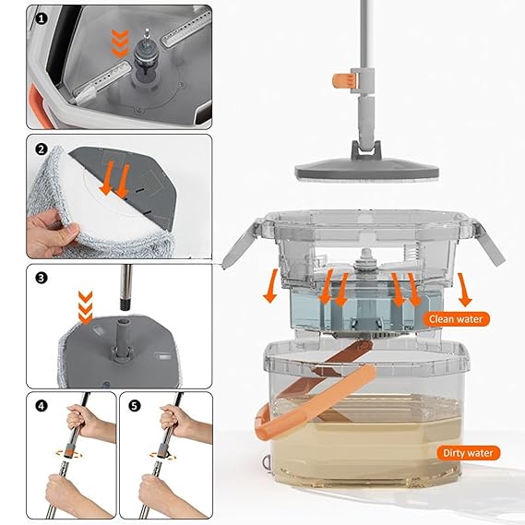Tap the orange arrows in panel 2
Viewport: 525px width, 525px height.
pyautogui.click(x=114, y=178)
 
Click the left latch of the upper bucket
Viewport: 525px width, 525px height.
pyautogui.click(x=238, y=245)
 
